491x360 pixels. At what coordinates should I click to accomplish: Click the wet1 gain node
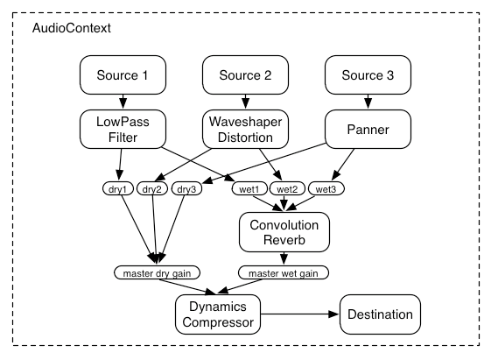pos(251,188)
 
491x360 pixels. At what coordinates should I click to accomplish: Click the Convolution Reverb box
pos(284,232)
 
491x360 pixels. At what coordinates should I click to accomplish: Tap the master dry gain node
pos(158,272)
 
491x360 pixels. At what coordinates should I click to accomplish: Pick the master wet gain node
pos(284,272)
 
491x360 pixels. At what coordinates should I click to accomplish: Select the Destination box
pos(375,313)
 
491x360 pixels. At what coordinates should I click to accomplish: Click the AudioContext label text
pos(72,29)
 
